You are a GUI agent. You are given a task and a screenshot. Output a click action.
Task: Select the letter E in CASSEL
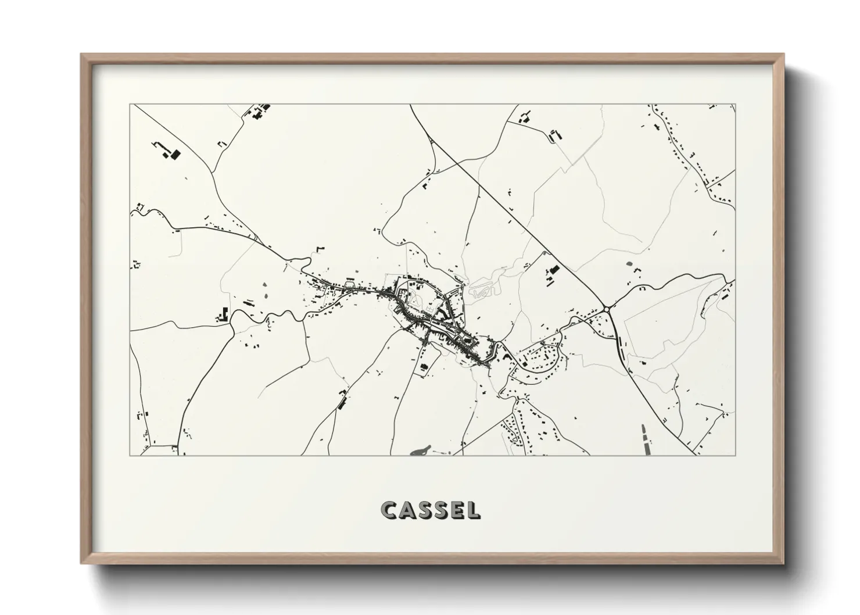point(457,510)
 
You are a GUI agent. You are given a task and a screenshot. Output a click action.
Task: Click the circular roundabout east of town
point(608,309)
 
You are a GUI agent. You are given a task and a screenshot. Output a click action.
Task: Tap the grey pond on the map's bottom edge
point(420,450)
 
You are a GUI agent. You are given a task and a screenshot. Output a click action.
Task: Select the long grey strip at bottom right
point(644,438)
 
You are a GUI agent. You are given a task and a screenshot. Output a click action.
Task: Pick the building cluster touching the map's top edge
point(259,110)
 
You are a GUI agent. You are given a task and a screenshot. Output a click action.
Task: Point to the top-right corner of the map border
point(735,105)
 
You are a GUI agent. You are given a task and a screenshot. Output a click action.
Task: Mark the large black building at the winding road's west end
point(223,314)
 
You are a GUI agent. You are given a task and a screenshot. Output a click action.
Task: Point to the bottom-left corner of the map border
point(130,455)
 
